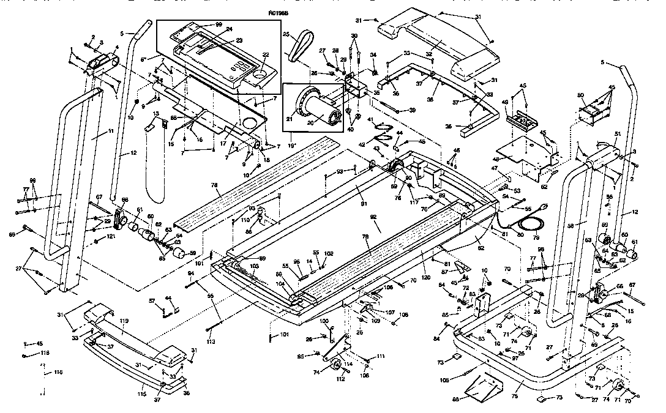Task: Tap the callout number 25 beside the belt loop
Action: tap(286, 34)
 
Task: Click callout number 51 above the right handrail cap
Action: tap(618, 134)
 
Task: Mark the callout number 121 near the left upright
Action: tap(111, 236)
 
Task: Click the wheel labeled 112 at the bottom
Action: tap(336, 366)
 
